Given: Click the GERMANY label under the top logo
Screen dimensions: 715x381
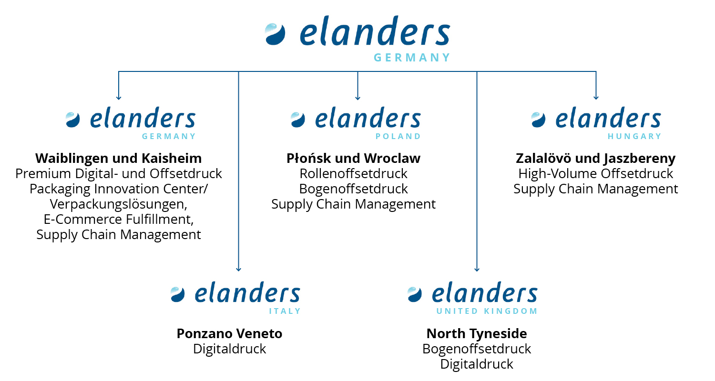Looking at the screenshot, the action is (412, 58).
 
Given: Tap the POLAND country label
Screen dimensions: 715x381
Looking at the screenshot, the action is (398, 137).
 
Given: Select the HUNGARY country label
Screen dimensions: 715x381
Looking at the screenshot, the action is (634, 137).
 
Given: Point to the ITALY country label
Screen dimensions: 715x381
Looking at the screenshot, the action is (285, 311).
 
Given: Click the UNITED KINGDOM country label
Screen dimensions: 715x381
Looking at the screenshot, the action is (487, 311).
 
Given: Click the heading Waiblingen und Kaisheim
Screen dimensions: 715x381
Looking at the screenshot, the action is (118, 158).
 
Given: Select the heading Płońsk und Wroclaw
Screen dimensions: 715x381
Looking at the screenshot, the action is (353, 158).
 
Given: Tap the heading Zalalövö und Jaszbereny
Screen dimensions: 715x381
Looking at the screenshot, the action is (596, 159).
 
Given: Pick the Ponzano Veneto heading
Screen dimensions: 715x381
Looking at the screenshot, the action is (229, 333).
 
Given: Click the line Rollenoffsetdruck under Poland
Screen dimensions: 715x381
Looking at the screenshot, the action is (353, 174).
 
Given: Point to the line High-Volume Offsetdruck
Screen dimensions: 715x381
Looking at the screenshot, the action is (596, 174).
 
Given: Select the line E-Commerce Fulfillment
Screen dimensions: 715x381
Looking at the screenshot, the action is (118, 220).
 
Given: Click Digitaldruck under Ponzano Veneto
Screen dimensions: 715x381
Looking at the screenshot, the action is (229, 349).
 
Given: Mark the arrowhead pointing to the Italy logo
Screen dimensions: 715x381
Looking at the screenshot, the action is (238, 270).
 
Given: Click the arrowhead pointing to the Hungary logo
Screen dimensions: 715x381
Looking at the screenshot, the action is (596, 98).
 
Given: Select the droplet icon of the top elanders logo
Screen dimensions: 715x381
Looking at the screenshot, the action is (275, 34).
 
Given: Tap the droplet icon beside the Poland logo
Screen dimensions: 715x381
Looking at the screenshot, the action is (297, 120).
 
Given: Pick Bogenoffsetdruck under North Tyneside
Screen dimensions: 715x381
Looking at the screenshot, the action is (477, 349).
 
